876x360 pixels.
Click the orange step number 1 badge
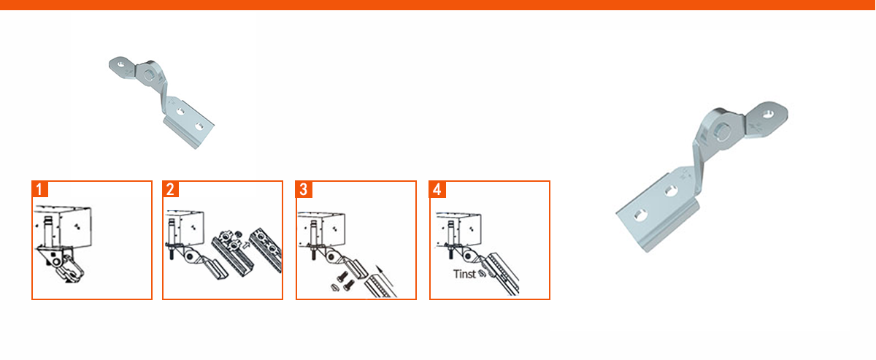point(39,189)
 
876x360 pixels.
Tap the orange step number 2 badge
point(171,189)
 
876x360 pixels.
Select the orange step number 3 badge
point(304,189)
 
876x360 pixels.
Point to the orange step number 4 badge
point(437,189)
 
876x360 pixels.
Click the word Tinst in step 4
point(464,274)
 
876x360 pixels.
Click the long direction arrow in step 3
point(386,280)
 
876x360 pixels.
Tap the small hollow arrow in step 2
point(245,245)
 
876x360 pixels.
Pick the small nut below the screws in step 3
point(334,288)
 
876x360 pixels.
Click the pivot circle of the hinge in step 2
point(191,256)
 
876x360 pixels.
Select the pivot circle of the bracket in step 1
point(57,261)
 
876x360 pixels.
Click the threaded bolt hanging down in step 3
point(314,253)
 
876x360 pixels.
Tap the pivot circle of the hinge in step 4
point(468,256)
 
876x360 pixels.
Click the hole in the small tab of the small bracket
point(120,63)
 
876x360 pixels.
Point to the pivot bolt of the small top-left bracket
point(149,74)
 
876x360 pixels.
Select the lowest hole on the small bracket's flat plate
point(199,126)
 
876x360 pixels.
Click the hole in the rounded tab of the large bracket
point(769,115)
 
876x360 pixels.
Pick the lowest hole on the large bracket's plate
point(639,215)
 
